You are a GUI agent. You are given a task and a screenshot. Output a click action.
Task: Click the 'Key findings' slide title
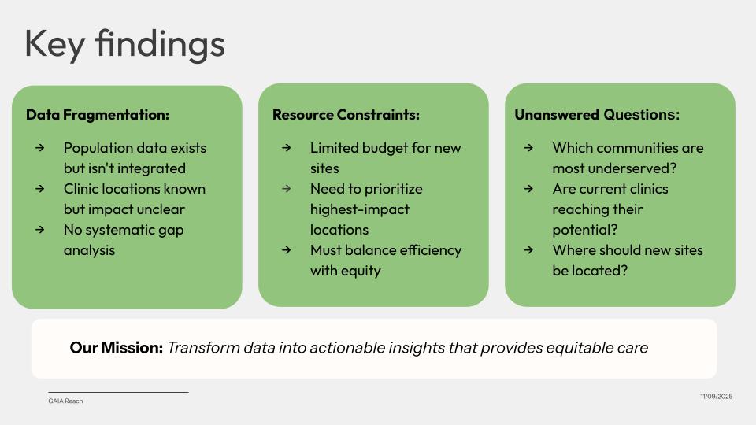(x=124, y=44)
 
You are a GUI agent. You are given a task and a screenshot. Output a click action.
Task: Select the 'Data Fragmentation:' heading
(x=98, y=115)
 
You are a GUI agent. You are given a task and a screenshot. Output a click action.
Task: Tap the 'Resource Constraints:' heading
(x=346, y=115)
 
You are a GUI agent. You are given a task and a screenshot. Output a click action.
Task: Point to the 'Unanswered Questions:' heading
(x=597, y=115)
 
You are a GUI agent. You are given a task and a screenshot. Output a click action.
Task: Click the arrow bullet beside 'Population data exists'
(x=40, y=147)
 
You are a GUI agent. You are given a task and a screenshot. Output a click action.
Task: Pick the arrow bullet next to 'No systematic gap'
(x=40, y=230)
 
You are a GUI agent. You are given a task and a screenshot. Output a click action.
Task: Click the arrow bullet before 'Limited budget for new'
(x=287, y=147)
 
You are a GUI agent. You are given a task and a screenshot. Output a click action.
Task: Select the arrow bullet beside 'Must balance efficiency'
(x=287, y=250)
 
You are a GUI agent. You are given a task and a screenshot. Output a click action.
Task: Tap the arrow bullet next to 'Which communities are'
(x=529, y=147)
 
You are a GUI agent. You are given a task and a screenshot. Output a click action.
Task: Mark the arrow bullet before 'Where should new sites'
(x=529, y=250)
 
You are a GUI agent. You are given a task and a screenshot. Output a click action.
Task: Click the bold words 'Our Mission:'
(x=117, y=347)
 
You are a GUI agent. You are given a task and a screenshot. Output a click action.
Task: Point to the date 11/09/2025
(x=717, y=396)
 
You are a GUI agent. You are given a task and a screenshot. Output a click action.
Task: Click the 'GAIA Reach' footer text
(x=65, y=401)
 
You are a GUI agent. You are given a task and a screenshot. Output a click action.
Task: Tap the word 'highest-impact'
(x=360, y=209)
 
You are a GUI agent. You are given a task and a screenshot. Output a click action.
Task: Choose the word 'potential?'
(x=585, y=230)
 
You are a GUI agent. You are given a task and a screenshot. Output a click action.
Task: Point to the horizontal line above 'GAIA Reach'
(x=118, y=392)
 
